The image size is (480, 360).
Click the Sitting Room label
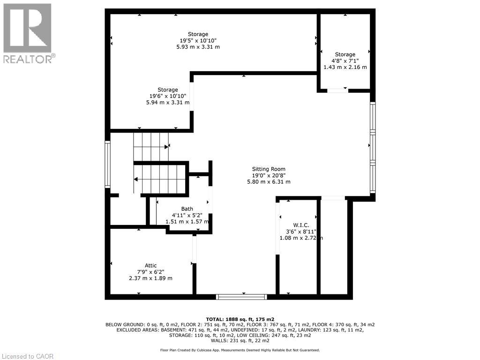pyautogui.click(x=269, y=169)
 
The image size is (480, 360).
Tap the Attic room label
pyautogui.click(x=150, y=265)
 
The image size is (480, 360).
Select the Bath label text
pyautogui.click(x=187, y=209)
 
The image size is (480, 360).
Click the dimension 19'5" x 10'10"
pyautogui.click(x=198, y=40)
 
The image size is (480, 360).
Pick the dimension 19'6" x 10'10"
pyautogui.click(x=167, y=96)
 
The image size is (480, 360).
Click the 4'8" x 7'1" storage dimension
pyautogui.click(x=345, y=61)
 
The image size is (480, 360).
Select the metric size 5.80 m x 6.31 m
pyautogui.click(x=269, y=182)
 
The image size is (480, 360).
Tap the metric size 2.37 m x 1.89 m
pyautogui.click(x=150, y=278)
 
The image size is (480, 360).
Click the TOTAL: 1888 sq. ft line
pyautogui.click(x=240, y=319)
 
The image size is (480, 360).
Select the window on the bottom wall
pyautogui.click(x=241, y=297)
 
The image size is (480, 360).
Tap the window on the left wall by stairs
pyautogui.click(x=107, y=165)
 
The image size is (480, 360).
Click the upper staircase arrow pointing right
pyautogui.click(x=167, y=146)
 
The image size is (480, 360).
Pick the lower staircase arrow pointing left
pyautogui.click(x=136, y=179)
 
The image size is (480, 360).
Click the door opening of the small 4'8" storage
pyautogui.click(x=337, y=90)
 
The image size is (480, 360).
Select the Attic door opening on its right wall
pyautogui.click(x=194, y=249)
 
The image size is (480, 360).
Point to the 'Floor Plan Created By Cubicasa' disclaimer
pyautogui.click(x=240, y=350)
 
